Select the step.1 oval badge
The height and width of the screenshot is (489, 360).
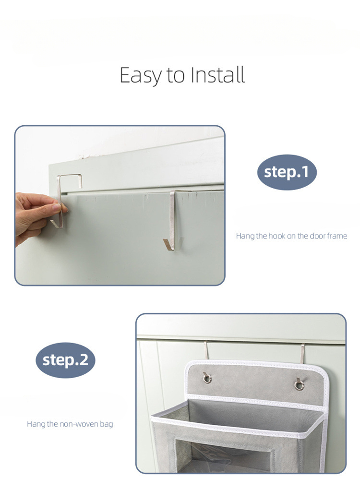(287, 172)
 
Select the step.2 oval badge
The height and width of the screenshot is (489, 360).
(65, 360)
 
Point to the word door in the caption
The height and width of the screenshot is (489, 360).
(318, 236)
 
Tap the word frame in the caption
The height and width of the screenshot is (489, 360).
(337, 236)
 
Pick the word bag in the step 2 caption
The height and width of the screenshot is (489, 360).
(107, 424)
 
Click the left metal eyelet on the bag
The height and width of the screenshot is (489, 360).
(207, 379)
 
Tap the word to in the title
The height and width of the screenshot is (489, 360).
(176, 76)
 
